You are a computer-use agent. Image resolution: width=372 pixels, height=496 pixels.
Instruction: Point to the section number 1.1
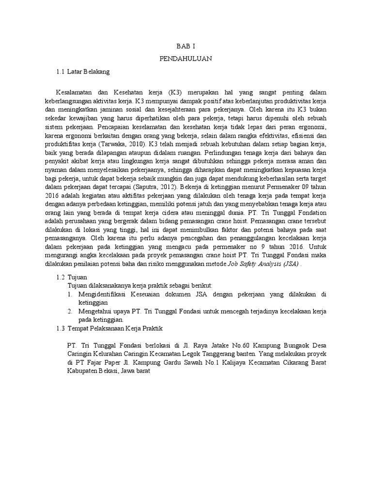60,72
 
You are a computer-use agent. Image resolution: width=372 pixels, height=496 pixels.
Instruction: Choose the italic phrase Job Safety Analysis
262,264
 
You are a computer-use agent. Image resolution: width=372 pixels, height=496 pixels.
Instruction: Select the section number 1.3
60,328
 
